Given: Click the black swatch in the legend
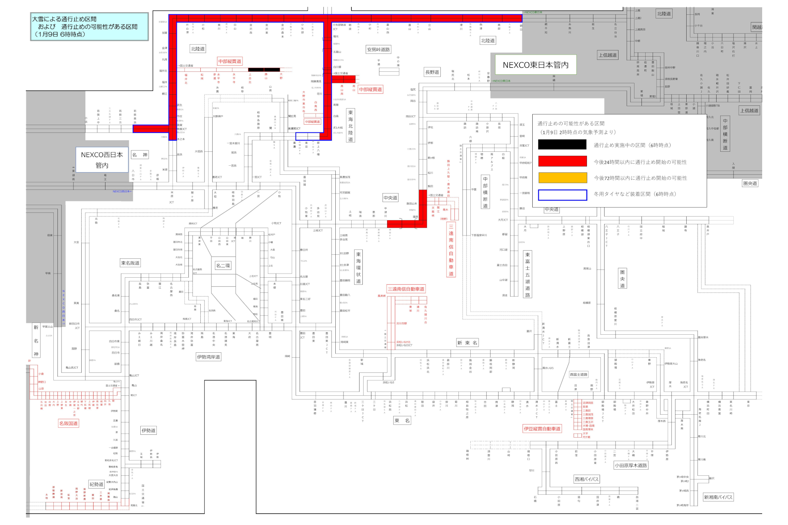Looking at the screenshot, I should pyautogui.click(x=562, y=144).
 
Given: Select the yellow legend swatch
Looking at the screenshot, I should pyautogui.click(x=562, y=178).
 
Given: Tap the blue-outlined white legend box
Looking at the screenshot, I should pyautogui.click(x=562, y=195).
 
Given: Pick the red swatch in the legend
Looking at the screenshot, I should pyautogui.click(x=562, y=161).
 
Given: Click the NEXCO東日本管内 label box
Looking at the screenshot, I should pyautogui.click(x=535, y=65).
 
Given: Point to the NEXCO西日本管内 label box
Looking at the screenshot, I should pyautogui.click(x=102, y=160).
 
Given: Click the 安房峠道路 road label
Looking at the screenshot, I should pyautogui.click(x=378, y=50).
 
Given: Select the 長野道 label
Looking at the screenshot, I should pyautogui.click(x=432, y=72).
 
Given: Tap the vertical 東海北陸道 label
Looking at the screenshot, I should pyautogui.click(x=350, y=126).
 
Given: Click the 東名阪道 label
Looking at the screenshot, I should pyautogui.click(x=130, y=263).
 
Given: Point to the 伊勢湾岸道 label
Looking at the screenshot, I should pyautogui.click(x=208, y=357).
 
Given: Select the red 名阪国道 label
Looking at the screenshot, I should pyautogui.click(x=69, y=423).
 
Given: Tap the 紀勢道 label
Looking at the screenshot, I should pyautogui.click(x=96, y=484).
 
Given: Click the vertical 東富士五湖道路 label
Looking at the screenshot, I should pyautogui.click(x=527, y=274).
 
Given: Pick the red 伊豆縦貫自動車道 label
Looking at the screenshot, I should pyautogui.click(x=542, y=429).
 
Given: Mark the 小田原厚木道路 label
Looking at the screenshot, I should pyautogui.click(x=631, y=466).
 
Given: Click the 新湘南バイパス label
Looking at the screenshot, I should pyautogui.click(x=718, y=497).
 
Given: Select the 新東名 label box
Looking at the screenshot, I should pyautogui.click(x=467, y=343).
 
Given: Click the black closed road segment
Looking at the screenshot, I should pyautogui.click(x=264, y=70).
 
